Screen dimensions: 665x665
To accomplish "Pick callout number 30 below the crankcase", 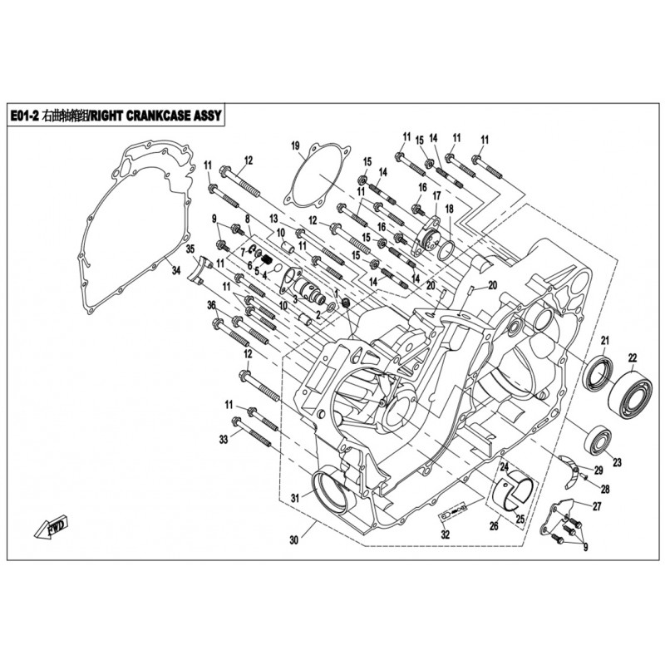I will coord(293,540).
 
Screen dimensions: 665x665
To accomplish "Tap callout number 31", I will coord(293,498).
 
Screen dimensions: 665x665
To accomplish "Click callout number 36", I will coord(211,307).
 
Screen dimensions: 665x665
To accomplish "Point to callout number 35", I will coord(190,249).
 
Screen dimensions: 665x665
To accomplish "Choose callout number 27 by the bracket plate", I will coord(597,505).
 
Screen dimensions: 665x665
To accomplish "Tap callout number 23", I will coord(617,462).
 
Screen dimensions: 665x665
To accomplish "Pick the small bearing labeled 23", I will coord(597,438).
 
